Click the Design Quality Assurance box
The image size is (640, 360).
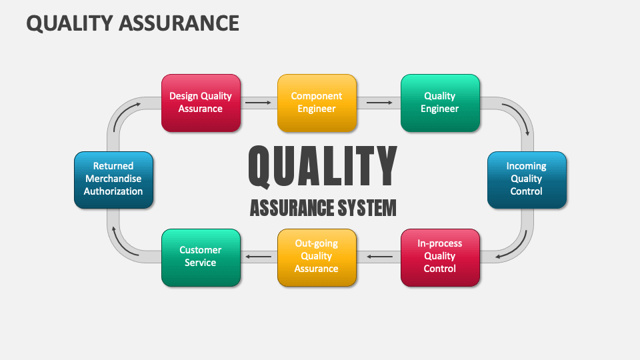201,103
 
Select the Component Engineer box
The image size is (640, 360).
317,103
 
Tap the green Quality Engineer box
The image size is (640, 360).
440,103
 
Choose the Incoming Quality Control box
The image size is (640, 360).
527,180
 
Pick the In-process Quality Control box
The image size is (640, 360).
440,257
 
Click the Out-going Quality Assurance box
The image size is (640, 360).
317,257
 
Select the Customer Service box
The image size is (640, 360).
201,257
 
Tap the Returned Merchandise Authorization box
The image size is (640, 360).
113,180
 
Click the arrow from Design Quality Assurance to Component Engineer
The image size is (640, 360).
258,103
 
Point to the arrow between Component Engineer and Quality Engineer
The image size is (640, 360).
379,103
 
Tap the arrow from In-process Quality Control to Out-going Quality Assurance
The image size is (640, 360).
379,257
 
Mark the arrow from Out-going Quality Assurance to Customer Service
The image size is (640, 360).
259,257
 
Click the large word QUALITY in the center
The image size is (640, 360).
323,167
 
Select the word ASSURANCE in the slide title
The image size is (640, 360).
179,23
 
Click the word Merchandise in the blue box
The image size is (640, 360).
113,179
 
